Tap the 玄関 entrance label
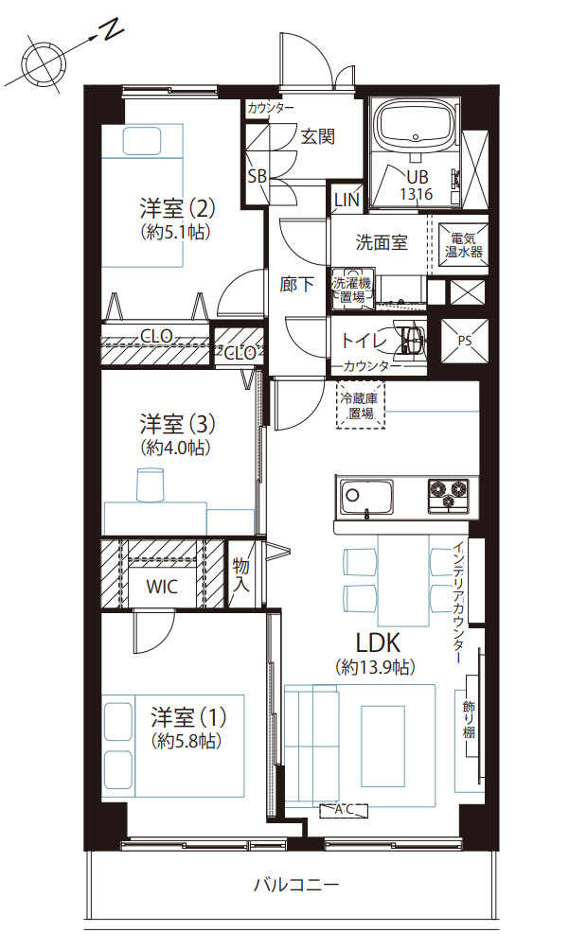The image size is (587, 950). pyautogui.click(x=318, y=136)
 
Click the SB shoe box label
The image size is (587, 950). pyautogui.click(x=257, y=176)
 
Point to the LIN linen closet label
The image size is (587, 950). pyautogui.click(x=347, y=201)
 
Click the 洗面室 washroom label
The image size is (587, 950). pyautogui.click(x=382, y=242)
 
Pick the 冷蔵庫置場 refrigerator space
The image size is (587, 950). pyautogui.click(x=361, y=405)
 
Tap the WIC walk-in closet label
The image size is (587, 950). pyautogui.click(x=161, y=587)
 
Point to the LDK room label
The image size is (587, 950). pyautogui.click(x=376, y=642)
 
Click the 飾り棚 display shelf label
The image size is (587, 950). pyautogui.click(x=470, y=719)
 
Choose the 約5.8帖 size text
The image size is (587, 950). pyautogui.click(x=185, y=741)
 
